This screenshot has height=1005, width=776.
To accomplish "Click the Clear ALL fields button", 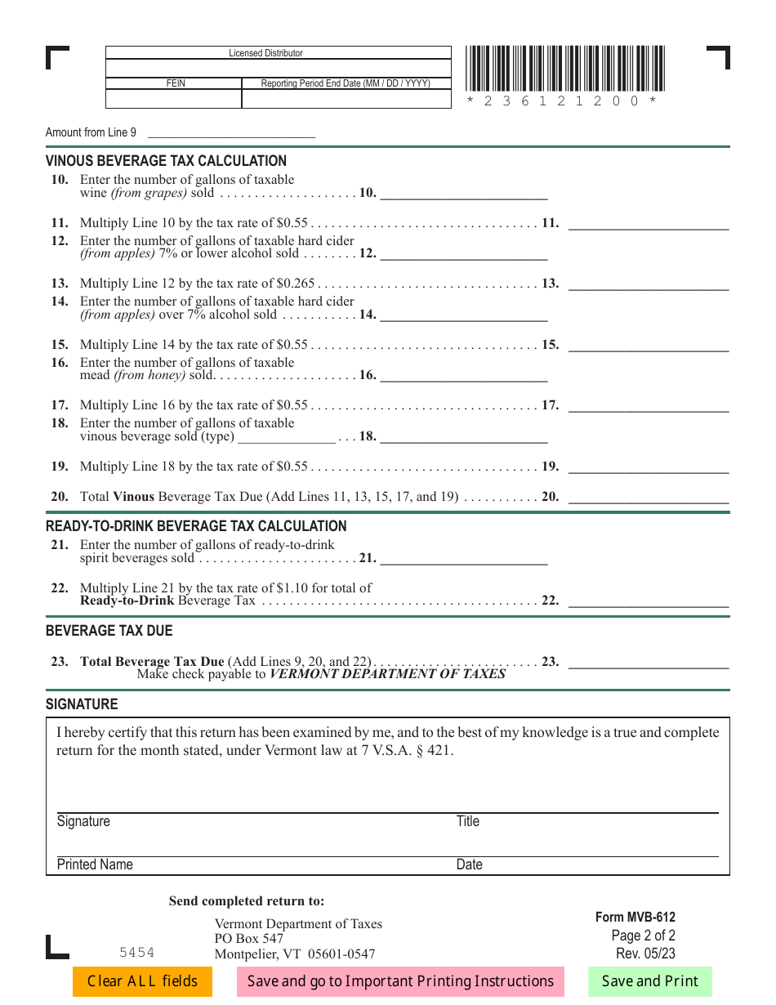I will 142,981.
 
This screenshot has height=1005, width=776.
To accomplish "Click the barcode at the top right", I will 565,69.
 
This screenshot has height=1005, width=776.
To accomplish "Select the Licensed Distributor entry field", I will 278,68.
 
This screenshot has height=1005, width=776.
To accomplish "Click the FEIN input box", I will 173,99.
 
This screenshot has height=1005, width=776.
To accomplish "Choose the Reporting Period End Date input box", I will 346,99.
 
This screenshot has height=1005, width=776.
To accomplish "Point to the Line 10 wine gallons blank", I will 463,193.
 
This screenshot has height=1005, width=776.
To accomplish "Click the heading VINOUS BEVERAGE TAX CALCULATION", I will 166,161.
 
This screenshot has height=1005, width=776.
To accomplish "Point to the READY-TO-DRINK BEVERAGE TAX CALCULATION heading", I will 196,526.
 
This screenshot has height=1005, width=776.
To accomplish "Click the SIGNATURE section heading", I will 82,704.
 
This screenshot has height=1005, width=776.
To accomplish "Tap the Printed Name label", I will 95,864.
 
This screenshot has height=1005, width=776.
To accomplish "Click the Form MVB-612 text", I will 635,917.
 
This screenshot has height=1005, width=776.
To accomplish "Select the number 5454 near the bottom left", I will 136,953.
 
